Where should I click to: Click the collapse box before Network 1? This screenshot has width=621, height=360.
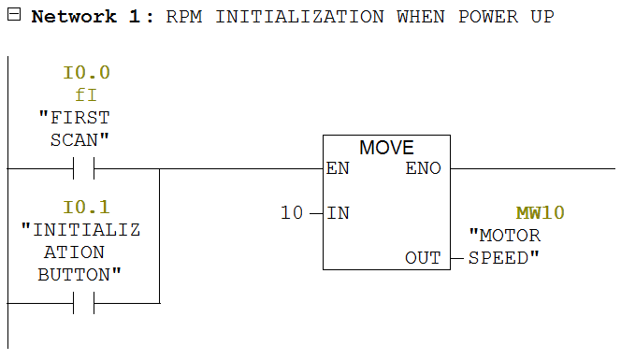click(12, 17)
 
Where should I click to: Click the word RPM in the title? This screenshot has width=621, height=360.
click(183, 17)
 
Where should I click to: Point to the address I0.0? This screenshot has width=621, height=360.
click(87, 73)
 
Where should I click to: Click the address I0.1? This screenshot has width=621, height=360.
click(87, 208)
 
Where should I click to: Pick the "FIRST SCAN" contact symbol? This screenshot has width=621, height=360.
click(83, 169)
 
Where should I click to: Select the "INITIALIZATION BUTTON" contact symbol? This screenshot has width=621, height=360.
click(83, 303)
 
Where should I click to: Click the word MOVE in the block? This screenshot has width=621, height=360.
click(386, 149)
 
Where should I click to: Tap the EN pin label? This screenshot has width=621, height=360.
click(338, 169)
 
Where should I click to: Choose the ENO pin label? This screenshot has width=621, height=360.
click(424, 169)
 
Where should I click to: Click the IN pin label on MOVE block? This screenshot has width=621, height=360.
click(338, 213)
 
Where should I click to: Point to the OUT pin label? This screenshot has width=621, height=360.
click(423, 258)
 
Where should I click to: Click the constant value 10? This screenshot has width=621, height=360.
click(292, 213)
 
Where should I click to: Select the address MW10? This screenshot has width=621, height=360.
click(540, 213)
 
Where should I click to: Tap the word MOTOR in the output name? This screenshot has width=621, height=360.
click(505, 236)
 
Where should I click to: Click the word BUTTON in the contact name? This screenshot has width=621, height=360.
click(79, 275)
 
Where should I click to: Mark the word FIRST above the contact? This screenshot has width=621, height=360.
click(75, 118)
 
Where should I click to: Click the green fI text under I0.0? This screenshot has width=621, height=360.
click(86, 95)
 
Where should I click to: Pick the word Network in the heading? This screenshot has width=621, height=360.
click(75, 17)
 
